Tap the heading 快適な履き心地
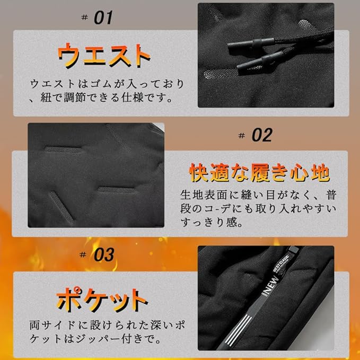click(x=259, y=172)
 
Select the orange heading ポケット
click(x=102, y=300)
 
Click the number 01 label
click(x=103, y=18)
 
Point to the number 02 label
click(x=261, y=135)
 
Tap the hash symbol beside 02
click(x=242, y=136)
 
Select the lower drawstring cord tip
click(x=254, y=66)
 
